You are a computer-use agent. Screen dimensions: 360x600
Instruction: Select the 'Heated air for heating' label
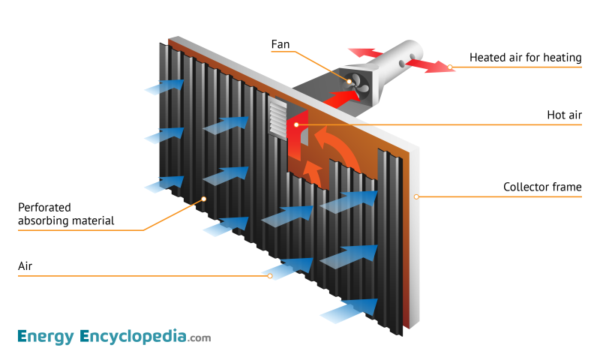point(525,58)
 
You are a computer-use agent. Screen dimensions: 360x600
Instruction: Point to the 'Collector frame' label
point(542,187)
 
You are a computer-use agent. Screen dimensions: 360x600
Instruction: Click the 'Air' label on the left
point(25,265)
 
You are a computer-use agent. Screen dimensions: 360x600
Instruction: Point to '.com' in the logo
point(199,338)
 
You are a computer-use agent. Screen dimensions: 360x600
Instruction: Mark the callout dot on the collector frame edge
point(415,196)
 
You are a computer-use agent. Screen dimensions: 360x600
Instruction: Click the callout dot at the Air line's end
point(270,276)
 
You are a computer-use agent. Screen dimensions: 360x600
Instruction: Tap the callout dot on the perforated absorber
point(203,199)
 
